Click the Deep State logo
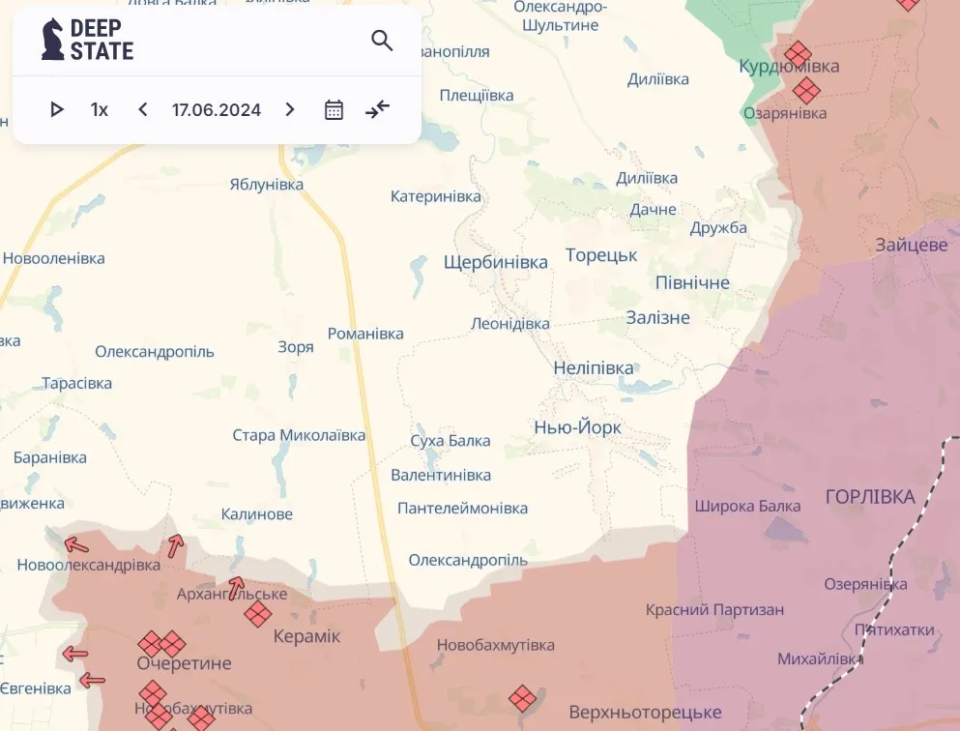tap(87, 40)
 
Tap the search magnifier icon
tap(382, 41)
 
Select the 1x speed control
tap(100, 110)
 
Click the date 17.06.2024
tap(217, 110)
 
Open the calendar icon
tap(334, 110)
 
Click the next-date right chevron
tap(290, 110)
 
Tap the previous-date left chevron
tap(143, 110)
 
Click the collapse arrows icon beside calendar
tap(377, 110)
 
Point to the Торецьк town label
tap(601, 256)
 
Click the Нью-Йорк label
tap(578, 427)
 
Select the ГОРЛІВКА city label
tap(870, 497)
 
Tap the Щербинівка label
tap(495, 262)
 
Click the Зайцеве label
tap(912, 245)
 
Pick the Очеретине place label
tap(184, 663)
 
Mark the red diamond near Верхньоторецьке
tap(522, 698)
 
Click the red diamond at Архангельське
tap(257, 614)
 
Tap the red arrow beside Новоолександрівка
tap(75, 544)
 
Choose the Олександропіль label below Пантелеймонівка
tap(468, 560)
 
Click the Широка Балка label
tap(747, 506)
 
